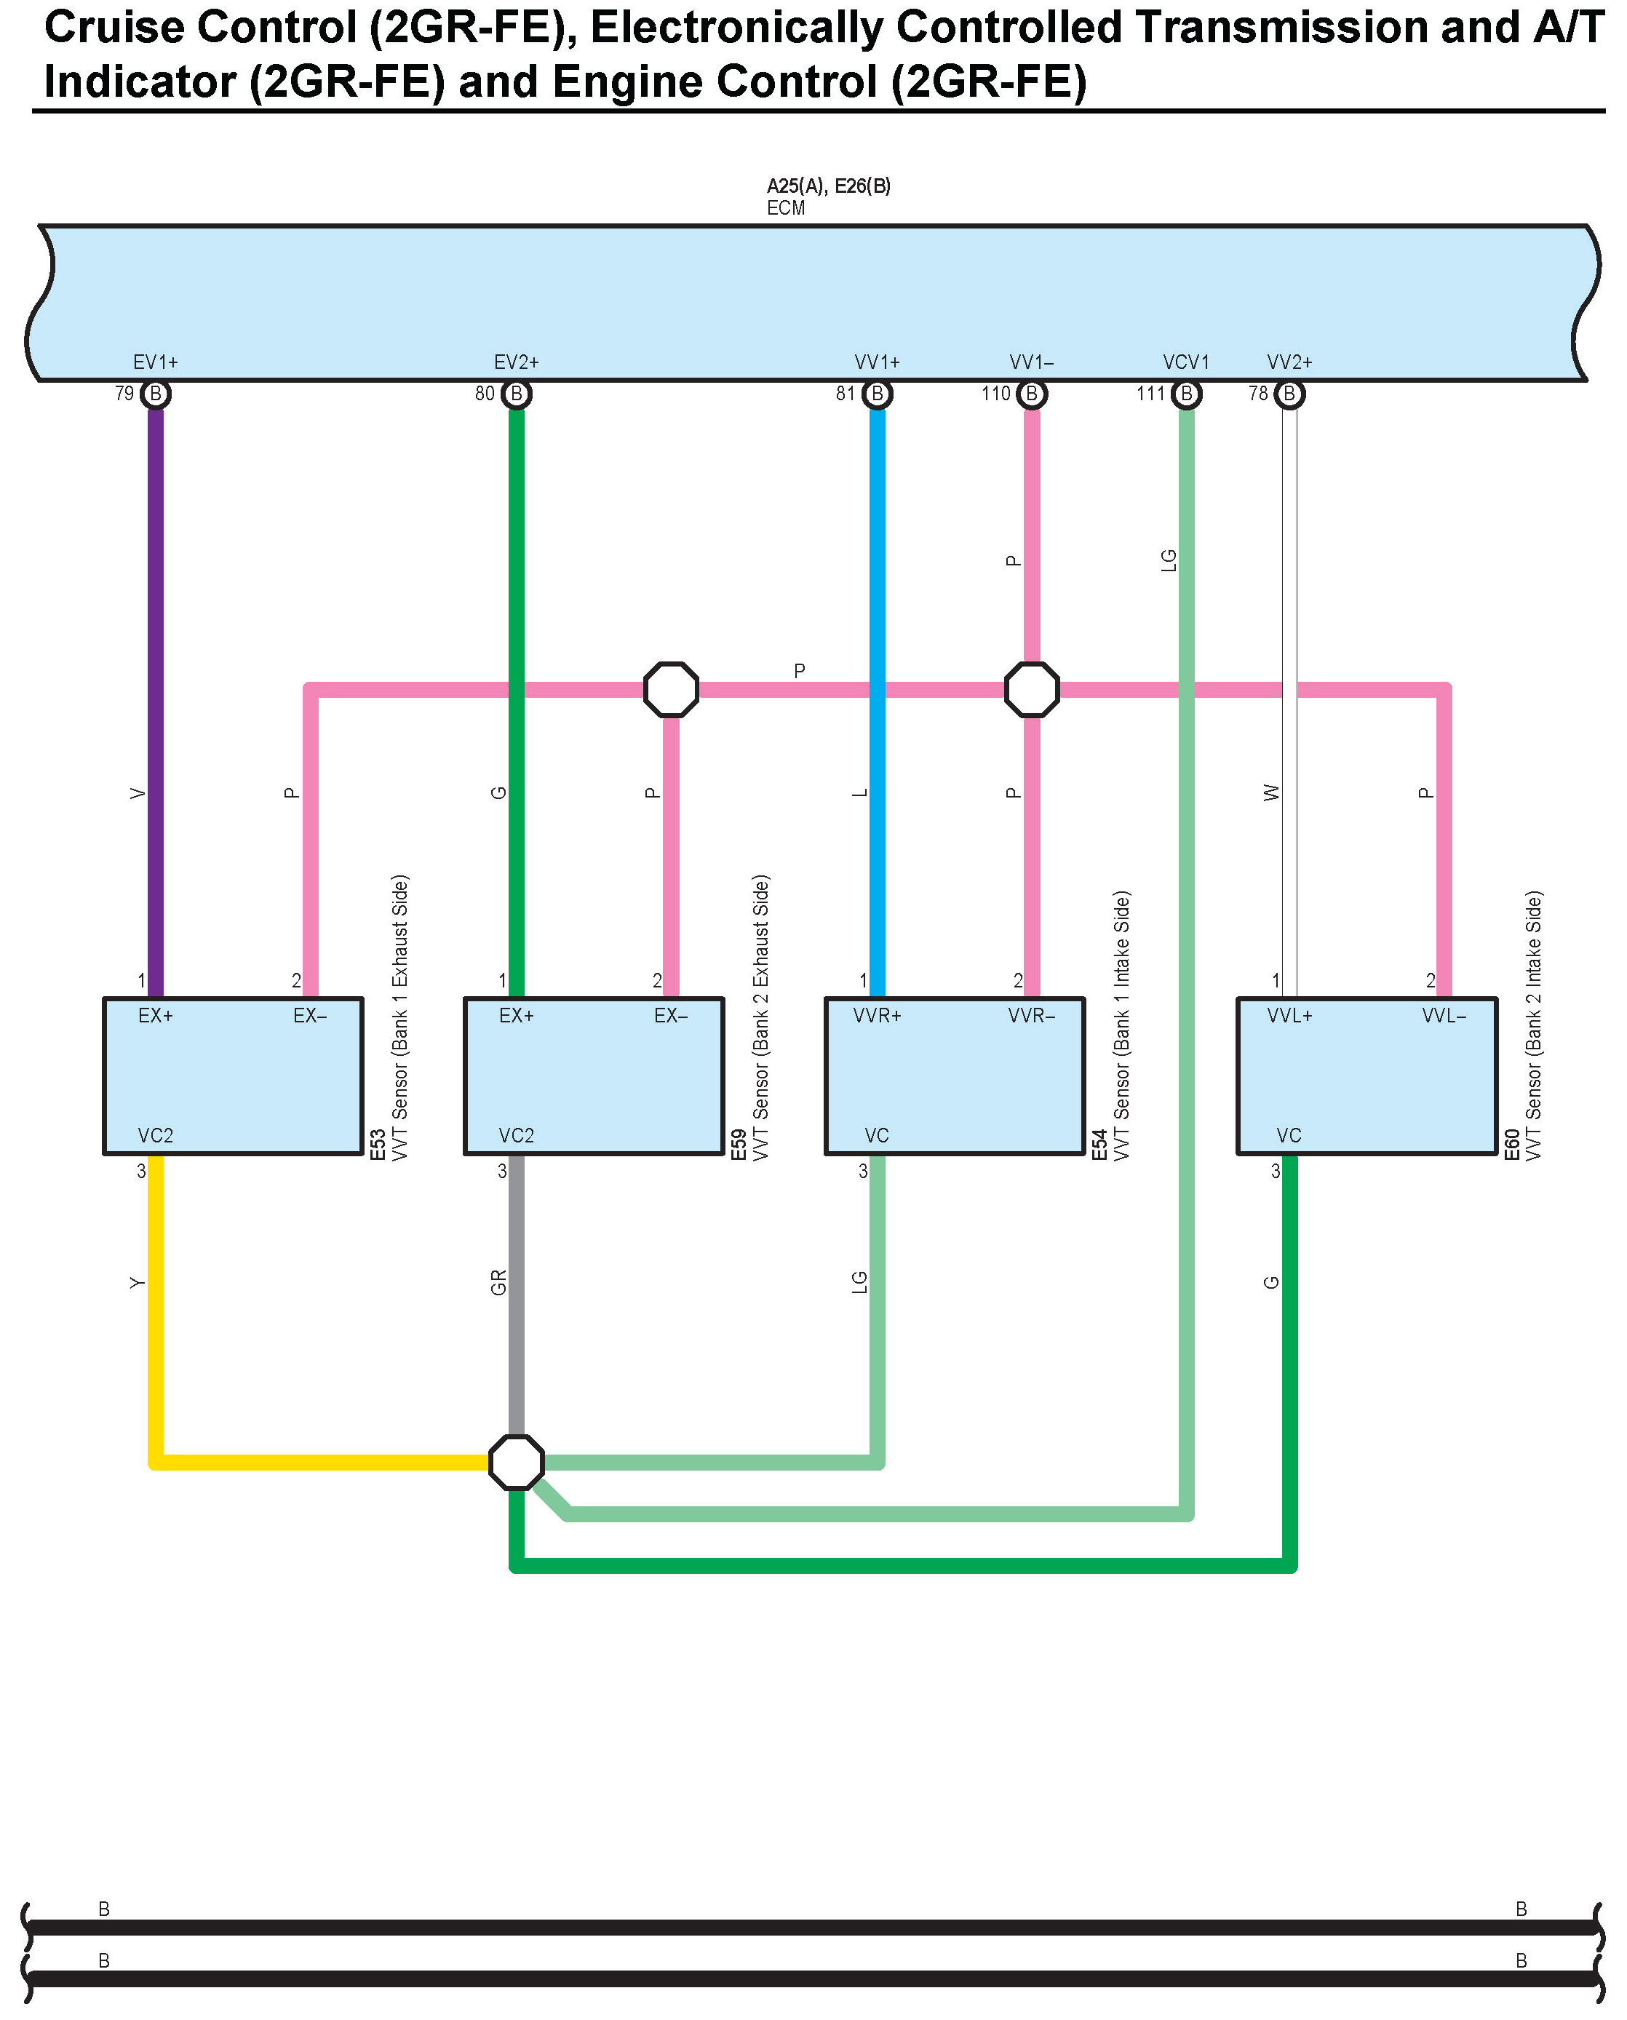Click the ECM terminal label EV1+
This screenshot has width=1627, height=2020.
(156, 362)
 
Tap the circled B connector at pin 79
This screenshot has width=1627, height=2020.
(156, 394)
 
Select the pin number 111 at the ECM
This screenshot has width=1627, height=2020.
(1150, 394)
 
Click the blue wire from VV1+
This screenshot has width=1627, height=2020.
(878, 562)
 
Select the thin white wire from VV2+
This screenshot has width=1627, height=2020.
(1289, 562)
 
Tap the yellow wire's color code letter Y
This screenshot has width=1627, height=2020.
(138, 1282)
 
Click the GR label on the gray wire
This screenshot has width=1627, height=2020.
(498, 1282)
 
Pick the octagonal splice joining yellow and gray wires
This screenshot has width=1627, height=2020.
(517, 1463)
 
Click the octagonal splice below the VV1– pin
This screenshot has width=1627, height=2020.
(1032, 690)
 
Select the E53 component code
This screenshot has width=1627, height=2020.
(378, 1145)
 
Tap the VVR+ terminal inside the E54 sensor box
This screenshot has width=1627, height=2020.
(878, 1016)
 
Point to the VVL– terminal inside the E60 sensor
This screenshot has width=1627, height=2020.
(1444, 1016)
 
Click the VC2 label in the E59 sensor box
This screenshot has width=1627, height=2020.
(517, 1136)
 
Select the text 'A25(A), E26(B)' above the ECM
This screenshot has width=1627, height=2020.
(829, 186)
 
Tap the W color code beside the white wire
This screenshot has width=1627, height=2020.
(1272, 793)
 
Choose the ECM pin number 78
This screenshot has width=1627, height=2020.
(1258, 394)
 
